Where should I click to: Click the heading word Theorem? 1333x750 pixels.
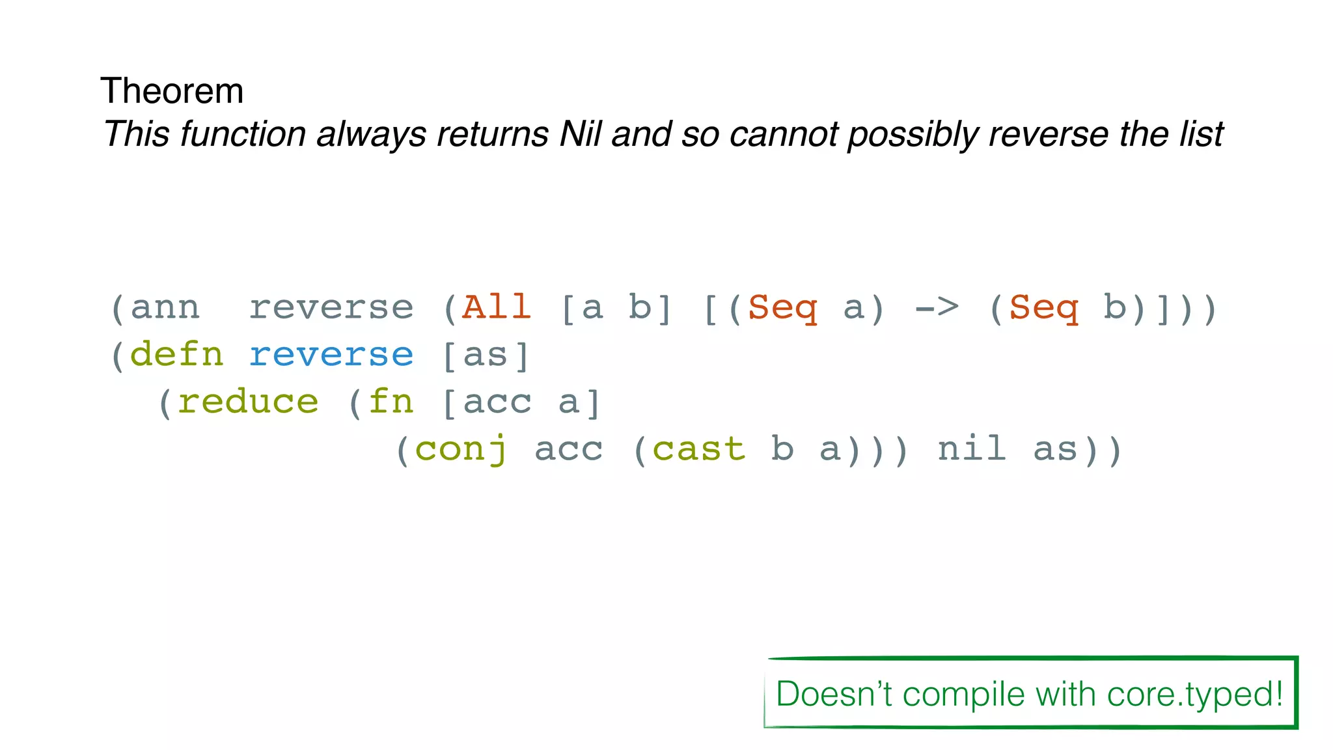pos(172,90)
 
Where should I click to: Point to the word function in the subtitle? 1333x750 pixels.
pos(242,134)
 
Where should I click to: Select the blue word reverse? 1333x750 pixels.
pos(331,355)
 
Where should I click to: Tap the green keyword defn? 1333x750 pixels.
pos(176,355)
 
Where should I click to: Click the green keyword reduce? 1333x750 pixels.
pos(248,402)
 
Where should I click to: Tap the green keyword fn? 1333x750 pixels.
pos(391,402)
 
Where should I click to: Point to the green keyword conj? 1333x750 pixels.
pos(461,449)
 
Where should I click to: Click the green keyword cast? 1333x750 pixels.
pos(698,449)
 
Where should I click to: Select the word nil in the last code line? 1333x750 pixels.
pos(972,449)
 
